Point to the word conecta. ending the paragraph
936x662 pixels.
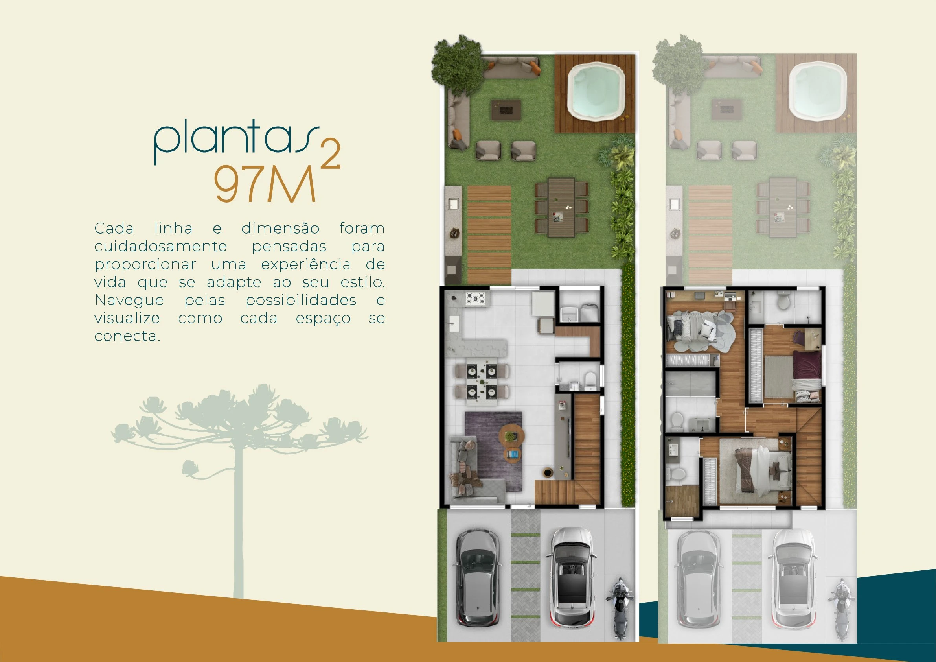pos(127,336)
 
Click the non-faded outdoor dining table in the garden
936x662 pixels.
pos(562,207)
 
